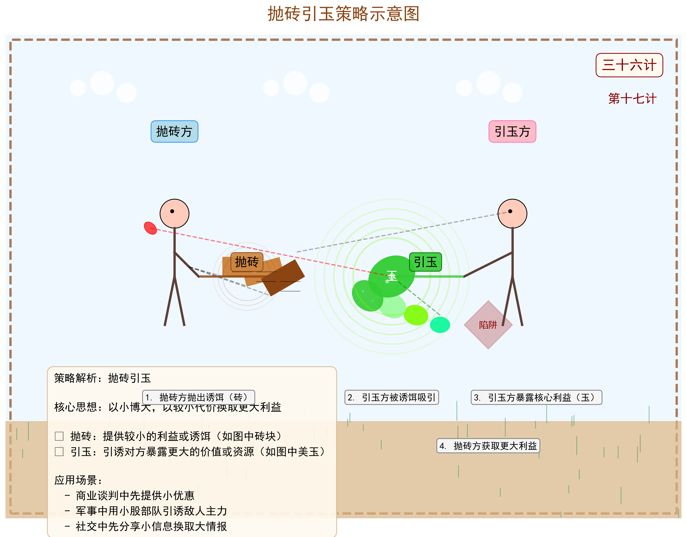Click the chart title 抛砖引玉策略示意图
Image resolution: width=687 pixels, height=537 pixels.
[x=343, y=14]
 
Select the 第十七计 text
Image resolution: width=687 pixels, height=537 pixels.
[x=632, y=99]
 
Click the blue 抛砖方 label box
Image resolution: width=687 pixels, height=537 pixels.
[x=174, y=131]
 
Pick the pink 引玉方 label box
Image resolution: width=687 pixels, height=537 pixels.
[x=512, y=131]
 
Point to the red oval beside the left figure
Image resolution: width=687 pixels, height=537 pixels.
[x=150, y=228]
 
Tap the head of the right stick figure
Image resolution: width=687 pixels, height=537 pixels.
[x=512, y=214]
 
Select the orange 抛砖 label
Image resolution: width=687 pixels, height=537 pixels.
[x=247, y=262]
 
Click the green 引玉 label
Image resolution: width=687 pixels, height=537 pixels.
[x=425, y=262]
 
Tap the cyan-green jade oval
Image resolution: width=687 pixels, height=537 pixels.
[x=440, y=325]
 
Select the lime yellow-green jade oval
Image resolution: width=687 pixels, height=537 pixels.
[x=416, y=315]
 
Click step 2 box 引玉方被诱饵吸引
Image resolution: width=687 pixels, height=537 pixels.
[x=392, y=397]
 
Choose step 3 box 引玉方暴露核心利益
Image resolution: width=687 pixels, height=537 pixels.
[x=536, y=397]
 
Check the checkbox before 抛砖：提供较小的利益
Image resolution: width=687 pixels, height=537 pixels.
[x=59, y=436]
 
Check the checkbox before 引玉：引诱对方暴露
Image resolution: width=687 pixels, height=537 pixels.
[x=59, y=452]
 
